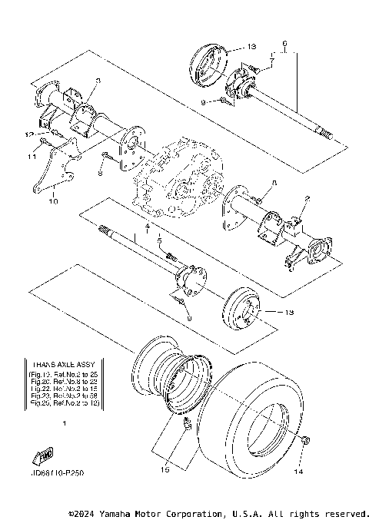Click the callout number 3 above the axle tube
coord(98,81)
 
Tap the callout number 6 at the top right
coord(284,43)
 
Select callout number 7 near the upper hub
coord(271,59)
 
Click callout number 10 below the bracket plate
coord(52,203)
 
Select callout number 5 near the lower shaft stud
coord(158,240)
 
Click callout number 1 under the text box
coord(64,423)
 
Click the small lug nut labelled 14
coord(306,440)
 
